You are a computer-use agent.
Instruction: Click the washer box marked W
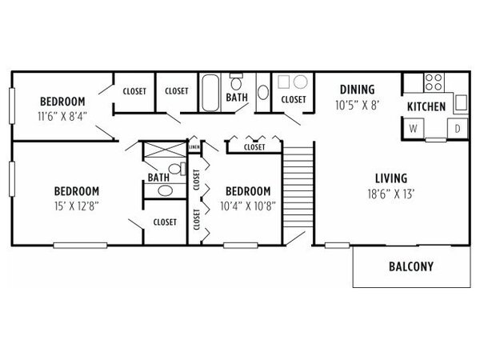pyautogui.click(x=413, y=129)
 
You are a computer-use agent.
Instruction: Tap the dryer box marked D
pyautogui.click(x=458, y=129)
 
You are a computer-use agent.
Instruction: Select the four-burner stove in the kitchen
pyautogui.click(x=434, y=82)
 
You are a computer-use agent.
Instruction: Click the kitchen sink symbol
pyautogui.click(x=461, y=102)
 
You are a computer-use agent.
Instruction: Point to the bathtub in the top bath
pyautogui.click(x=210, y=93)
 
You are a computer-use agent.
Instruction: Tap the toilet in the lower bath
pyautogui.click(x=178, y=169)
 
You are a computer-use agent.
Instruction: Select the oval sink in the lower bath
pyautogui.click(x=166, y=191)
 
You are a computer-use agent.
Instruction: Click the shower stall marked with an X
pyautogui.click(x=165, y=150)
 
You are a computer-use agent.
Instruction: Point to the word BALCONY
pyautogui.click(x=411, y=266)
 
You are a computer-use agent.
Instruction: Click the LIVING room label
pyautogui.click(x=391, y=178)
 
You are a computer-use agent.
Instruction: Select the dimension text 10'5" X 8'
pyautogui.click(x=358, y=106)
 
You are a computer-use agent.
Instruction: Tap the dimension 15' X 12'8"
pyautogui.click(x=77, y=206)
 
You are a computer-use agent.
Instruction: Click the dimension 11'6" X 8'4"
pyautogui.click(x=62, y=116)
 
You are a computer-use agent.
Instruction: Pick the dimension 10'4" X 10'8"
pyautogui.click(x=248, y=206)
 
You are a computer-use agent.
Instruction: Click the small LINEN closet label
pyautogui.click(x=194, y=147)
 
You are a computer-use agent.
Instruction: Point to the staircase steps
pyautogui.click(x=298, y=187)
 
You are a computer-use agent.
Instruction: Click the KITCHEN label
pyautogui.click(x=426, y=107)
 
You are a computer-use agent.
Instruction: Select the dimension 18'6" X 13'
pyautogui.click(x=391, y=194)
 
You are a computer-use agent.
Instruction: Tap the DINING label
pyautogui.click(x=358, y=90)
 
